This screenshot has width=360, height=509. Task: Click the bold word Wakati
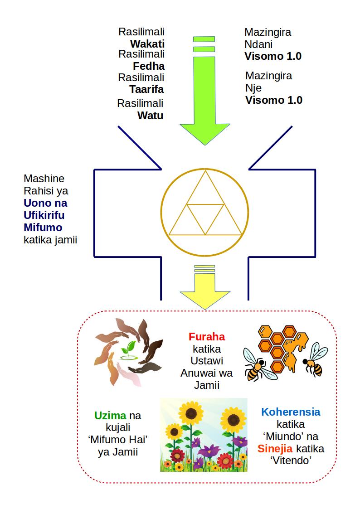pos(147,44)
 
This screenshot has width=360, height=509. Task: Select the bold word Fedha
pos(149,66)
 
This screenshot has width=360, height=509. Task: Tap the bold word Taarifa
pos(147,89)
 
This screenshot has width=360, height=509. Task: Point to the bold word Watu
pos(150,116)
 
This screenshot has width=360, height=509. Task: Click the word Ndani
pos(258,44)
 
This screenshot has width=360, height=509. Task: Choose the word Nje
pos(253,88)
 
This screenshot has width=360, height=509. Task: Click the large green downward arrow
pos(205,91)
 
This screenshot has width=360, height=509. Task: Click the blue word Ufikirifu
pos(44,215)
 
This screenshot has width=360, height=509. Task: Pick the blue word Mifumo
pos(43,228)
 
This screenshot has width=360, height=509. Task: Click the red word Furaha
pos(207,337)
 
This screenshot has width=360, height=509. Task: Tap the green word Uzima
pos(110,416)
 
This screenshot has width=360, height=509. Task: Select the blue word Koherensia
pos(291,412)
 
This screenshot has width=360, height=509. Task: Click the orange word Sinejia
pos(275,449)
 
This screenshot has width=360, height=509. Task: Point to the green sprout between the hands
pos(129,350)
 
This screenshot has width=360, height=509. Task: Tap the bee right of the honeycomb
pos(315,360)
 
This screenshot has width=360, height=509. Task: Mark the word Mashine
pos(44,179)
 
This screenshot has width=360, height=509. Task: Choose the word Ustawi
pos(207,361)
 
